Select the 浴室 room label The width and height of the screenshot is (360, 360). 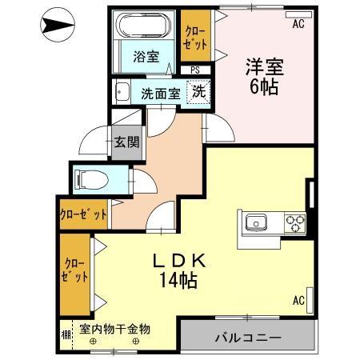(x=146, y=58)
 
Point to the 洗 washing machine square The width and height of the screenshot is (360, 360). (x=199, y=91)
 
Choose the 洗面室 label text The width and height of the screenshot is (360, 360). (x=159, y=93)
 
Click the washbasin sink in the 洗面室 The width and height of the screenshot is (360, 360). (x=122, y=90)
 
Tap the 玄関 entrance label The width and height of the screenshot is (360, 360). (x=126, y=144)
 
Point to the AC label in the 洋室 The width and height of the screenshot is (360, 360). (x=298, y=25)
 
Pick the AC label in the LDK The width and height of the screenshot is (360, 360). (x=298, y=301)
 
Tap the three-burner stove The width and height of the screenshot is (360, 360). (x=294, y=222)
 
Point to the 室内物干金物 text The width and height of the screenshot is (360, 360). (x=115, y=329)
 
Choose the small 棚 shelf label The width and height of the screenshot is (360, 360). (x=64, y=330)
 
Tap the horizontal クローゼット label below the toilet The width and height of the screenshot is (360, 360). (x=83, y=214)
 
